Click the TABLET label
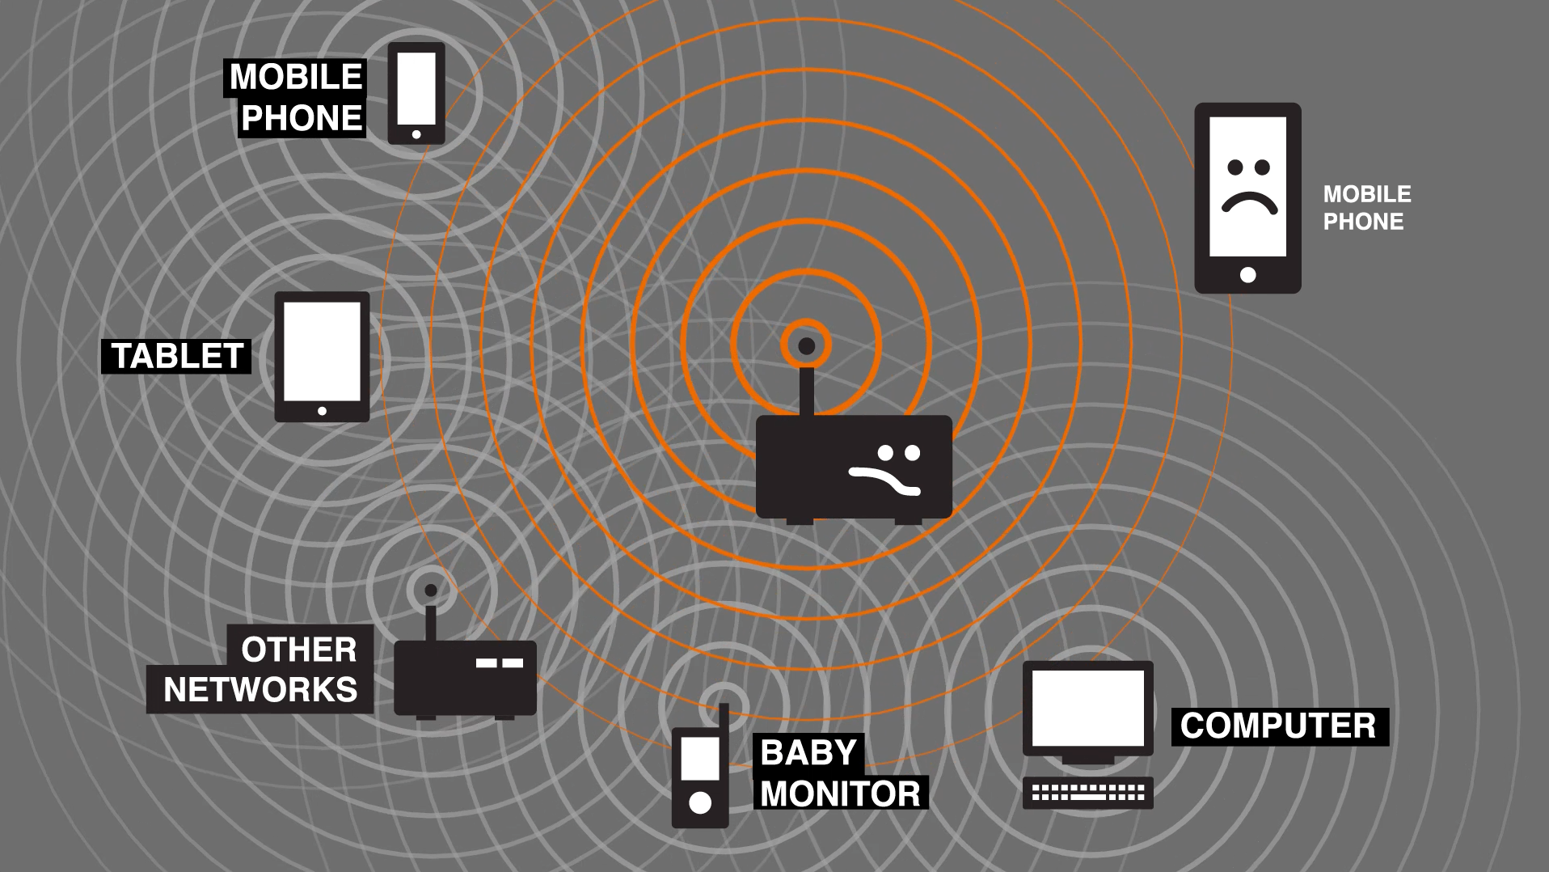[176, 356]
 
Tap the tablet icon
[322, 357]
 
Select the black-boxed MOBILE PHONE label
[296, 97]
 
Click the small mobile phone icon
[416, 93]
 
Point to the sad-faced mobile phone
[1247, 197]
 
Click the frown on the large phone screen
[1249, 202]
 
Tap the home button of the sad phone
[1248, 275]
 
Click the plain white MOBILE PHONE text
[1366, 208]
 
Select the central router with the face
[854, 467]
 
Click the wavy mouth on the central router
[884, 480]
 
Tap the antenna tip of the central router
[806, 346]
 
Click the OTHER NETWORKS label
[260, 669]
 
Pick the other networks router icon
[465, 676]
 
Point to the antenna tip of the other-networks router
[431, 591]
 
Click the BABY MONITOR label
[839, 773]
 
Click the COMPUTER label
[1278, 726]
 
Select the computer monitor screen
[1088, 708]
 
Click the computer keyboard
[1088, 794]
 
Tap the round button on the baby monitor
[700, 802]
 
